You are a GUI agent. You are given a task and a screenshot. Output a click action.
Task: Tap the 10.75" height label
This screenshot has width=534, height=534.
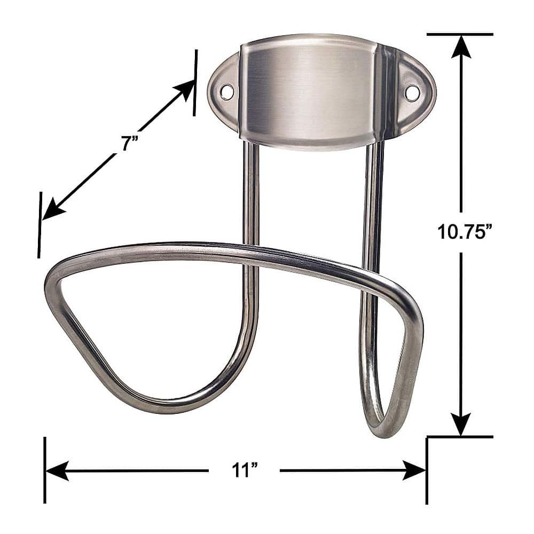pyautogui.click(x=464, y=231)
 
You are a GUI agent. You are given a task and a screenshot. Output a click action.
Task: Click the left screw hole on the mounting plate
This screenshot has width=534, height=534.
pyautogui.click(x=227, y=91)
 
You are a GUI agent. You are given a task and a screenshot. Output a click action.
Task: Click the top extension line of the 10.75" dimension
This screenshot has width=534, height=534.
pyautogui.click(x=459, y=34)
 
